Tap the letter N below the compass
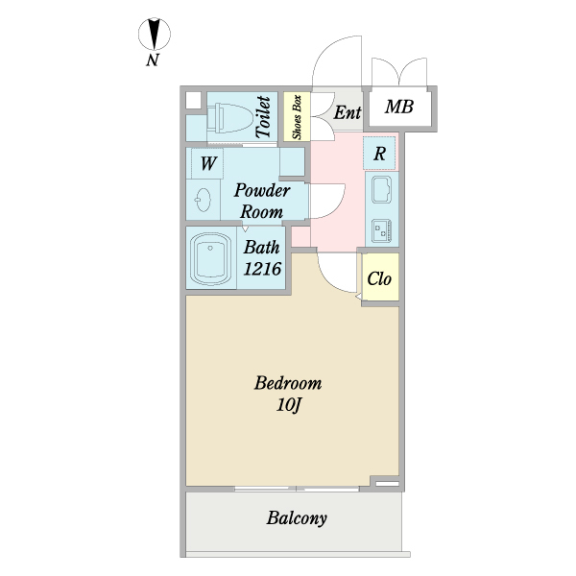pyautogui.click(x=153, y=62)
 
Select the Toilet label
pyautogui.click(x=263, y=117)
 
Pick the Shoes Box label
pyautogui.click(x=297, y=117)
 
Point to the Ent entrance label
pyautogui.click(x=348, y=113)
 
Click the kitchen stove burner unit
pyautogui.click(x=381, y=230)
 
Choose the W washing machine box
pyautogui.click(x=206, y=162)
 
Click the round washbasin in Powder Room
pyautogui.click(x=204, y=200)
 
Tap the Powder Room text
pyautogui.click(x=261, y=200)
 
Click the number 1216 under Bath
pyautogui.click(x=261, y=269)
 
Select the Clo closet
pyautogui.click(x=378, y=279)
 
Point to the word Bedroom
pyautogui.click(x=288, y=383)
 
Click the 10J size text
pyautogui.click(x=291, y=404)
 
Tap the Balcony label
pyautogui.click(x=297, y=519)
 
